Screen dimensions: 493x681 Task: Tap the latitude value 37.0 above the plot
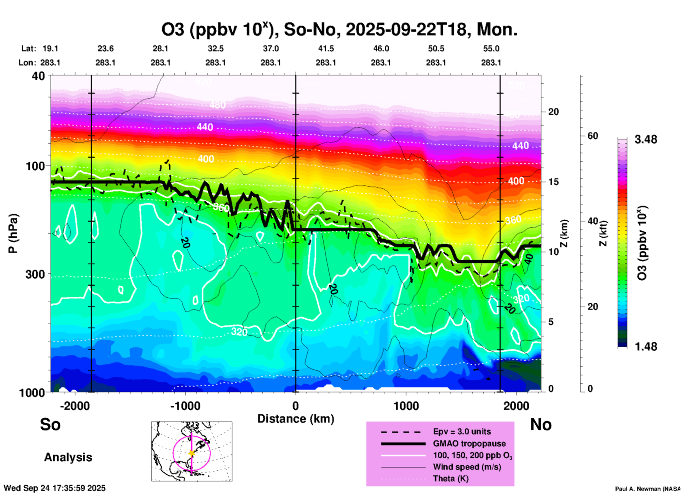pyautogui.click(x=270, y=48)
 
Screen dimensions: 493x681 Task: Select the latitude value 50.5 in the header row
pyautogui.click(x=436, y=48)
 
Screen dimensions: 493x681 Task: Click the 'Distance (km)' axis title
pyautogui.click(x=296, y=419)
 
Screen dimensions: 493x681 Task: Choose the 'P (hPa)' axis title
pyautogui.click(x=13, y=233)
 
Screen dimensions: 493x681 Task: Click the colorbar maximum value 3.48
pyautogui.click(x=646, y=139)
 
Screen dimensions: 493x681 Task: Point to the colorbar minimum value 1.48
pyautogui.click(x=646, y=346)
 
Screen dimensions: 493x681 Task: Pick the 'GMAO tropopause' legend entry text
pyautogui.click(x=469, y=443)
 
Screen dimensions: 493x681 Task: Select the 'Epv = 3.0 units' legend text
pyautogui.click(x=462, y=431)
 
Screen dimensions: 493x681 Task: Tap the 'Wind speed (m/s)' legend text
pyautogui.click(x=467, y=467)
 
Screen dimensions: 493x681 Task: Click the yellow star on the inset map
pyautogui.click(x=192, y=453)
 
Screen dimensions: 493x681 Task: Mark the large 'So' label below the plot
pyautogui.click(x=50, y=424)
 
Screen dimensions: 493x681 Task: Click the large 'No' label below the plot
pyautogui.click(x=541, y=424)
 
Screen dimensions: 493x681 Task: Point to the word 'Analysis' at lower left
pyautogui.click(x=68, y=457)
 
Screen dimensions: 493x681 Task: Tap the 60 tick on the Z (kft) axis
pyautogui.click(x=593, y=136)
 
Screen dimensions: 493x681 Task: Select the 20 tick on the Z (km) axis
pyautogui.click(x=553, y=112)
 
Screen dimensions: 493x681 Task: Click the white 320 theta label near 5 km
pyautogui.click(x=239, y=332)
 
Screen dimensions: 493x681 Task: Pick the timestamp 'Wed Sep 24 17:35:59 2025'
pyautogui.click(x=54, y=488)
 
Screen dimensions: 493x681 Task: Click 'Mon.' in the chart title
pyautogui.click(x=497, y=30)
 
